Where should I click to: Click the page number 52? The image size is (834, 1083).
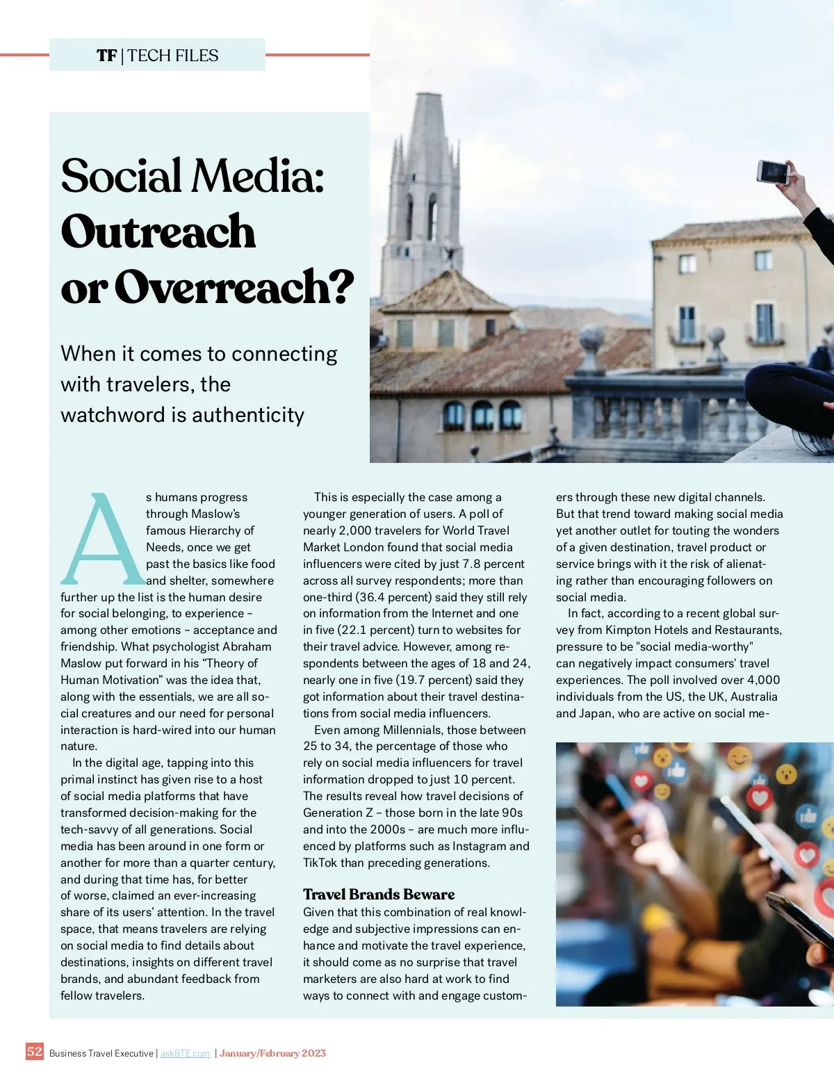[x=34, y=1051]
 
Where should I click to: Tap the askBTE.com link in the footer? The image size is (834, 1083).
[x=185, y=1054]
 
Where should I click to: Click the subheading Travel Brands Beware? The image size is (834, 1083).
[x=379, y=894]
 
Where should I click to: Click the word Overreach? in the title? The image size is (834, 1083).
[x=234, y=287]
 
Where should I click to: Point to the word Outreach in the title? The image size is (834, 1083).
[x=158, y=231]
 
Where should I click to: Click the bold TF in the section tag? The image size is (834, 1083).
[x=106, y=56]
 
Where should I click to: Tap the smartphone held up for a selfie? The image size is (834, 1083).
[x=773, y=171]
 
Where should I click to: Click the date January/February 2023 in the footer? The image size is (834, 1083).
[x=272, y=1054]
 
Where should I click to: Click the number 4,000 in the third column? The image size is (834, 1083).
[x=763, y=680]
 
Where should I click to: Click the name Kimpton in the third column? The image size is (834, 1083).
[x=628, y=630]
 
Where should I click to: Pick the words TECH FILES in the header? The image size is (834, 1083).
[x=173, y=56]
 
